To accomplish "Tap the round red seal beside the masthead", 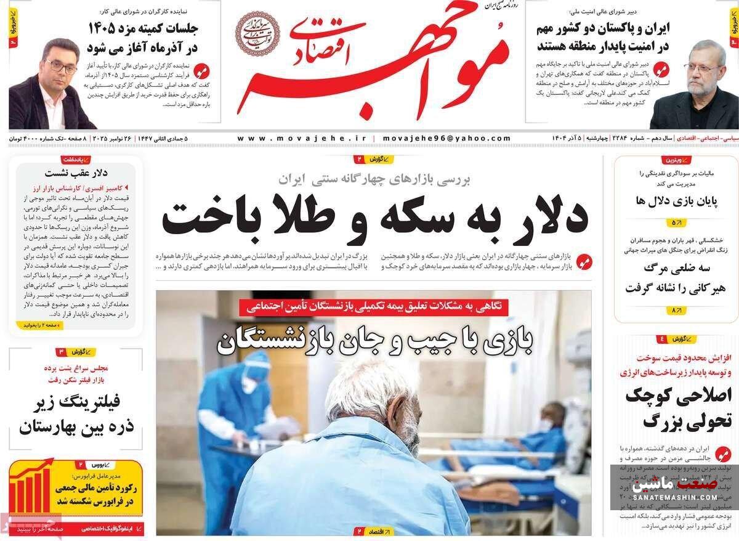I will (x=258, y=34).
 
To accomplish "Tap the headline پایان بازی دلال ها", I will (x=676, y=200).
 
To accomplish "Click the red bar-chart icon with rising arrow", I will (x=31, y=488).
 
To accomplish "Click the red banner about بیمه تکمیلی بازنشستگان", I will (x=374, y=305).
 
